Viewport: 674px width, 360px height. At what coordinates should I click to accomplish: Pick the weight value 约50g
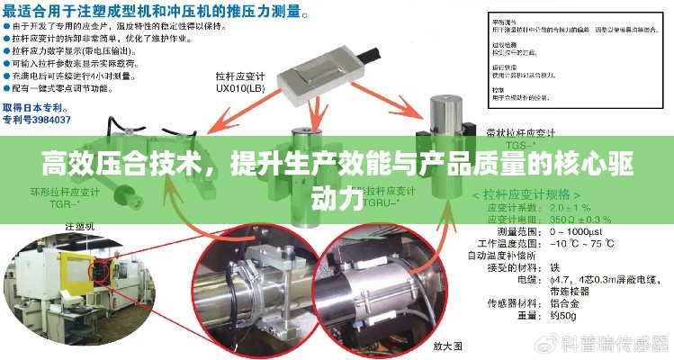[x=563, y=317]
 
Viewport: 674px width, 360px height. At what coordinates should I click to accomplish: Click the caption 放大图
[x=447, y=346]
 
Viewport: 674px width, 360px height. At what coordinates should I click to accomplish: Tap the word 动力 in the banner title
[x=337, y=196]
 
